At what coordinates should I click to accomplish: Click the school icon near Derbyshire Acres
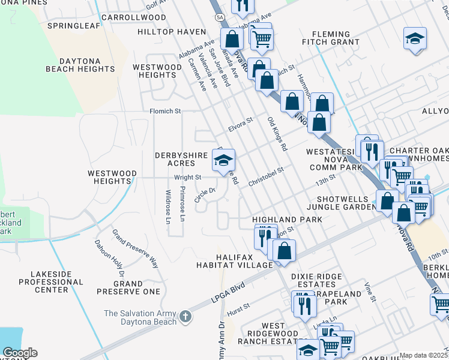(x=223, y=160)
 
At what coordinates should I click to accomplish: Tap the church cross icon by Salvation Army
(x=186, y=316)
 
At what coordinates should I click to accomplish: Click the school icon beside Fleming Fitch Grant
(x=415, y=38)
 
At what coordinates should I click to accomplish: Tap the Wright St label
(x=188, y=178)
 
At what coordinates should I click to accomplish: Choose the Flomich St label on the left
(x=165, y=111)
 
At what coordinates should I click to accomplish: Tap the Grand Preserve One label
(x=128, y=287)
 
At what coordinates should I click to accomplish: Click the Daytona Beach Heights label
(x=80, y=65)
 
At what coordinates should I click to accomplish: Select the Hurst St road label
(x=239, y=311)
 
